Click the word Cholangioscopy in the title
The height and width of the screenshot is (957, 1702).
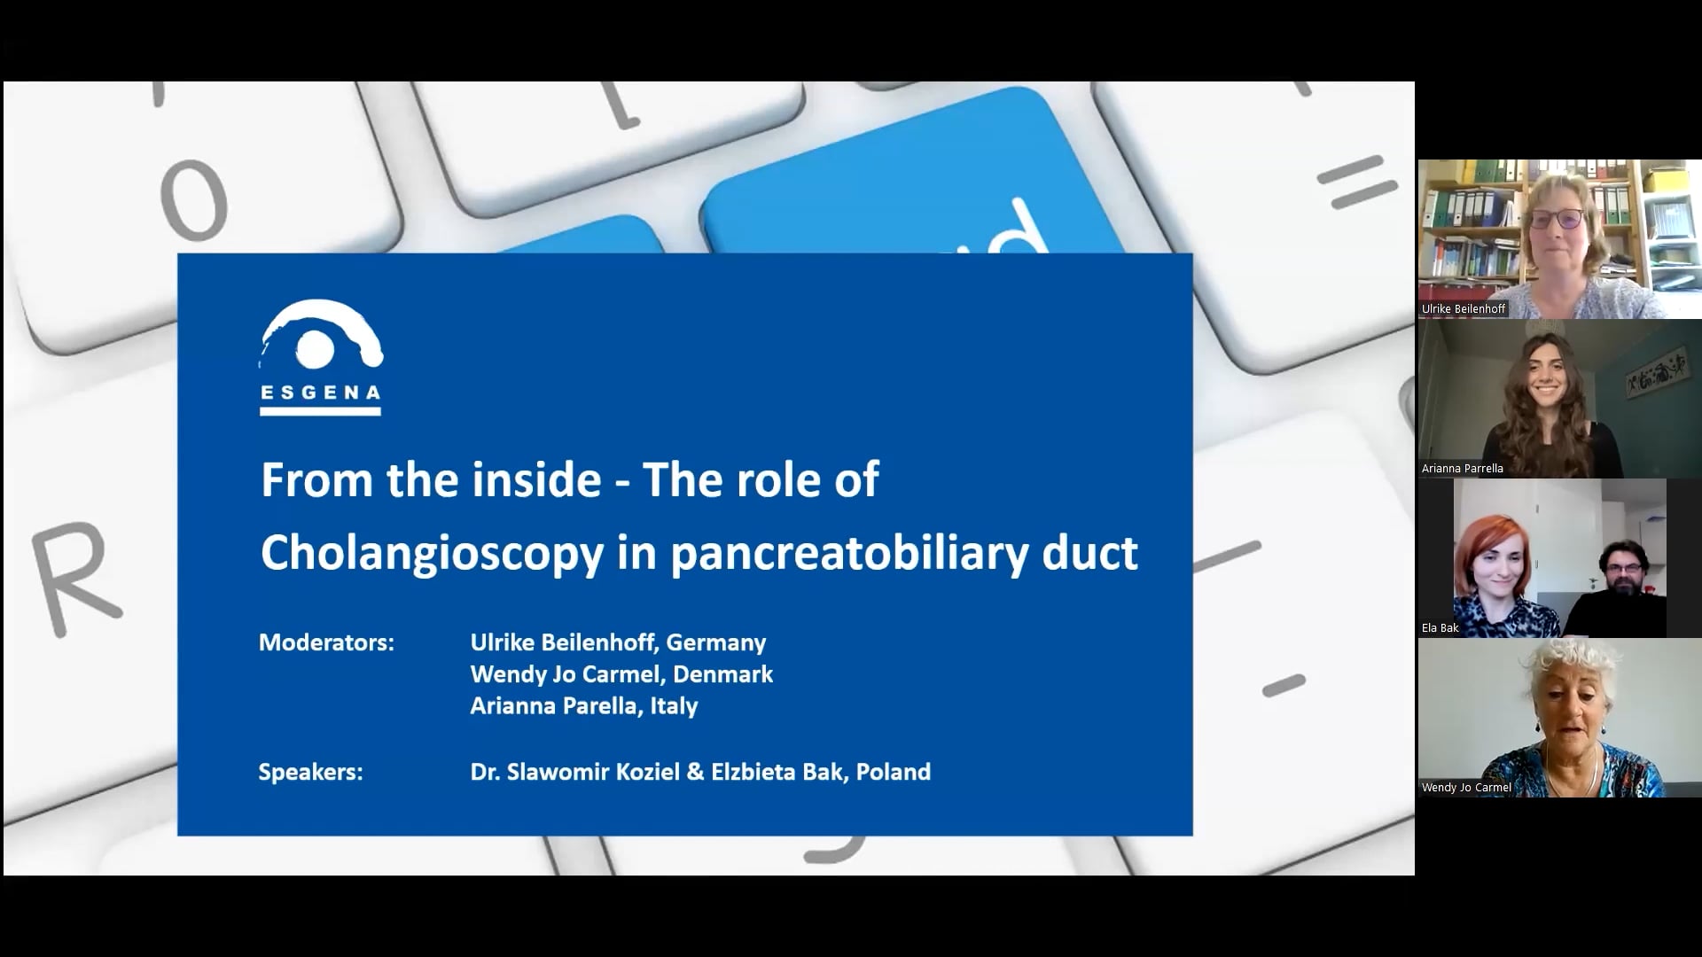click(x=432, y=552)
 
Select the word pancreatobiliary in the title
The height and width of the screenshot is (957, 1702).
click(x=848, y=552)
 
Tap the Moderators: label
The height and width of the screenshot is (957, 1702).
click(x=326, y=642)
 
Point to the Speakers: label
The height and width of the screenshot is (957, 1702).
click(x=310, y=772)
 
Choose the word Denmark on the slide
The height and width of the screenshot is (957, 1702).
click(x=722, y=674)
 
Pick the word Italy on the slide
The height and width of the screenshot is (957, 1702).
click(x=673, y=706)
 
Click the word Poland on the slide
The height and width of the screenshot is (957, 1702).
click(x=893, y=772)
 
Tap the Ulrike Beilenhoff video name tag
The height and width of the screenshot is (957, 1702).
click(x=1463, y=309)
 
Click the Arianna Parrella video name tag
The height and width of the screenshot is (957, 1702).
click(x=1462, y=469)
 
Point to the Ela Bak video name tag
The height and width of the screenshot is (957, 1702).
click(x=1440, y=628)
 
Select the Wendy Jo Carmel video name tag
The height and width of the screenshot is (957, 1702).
click(x=1466, y=788)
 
